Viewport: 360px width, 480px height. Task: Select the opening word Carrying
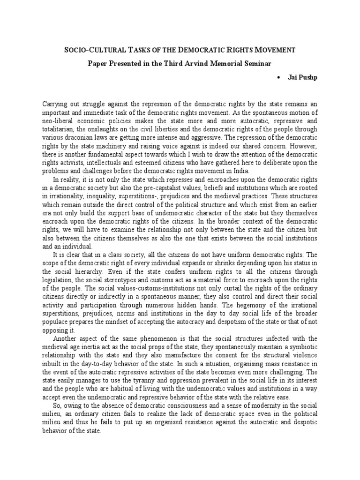click(x=56, y=103)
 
